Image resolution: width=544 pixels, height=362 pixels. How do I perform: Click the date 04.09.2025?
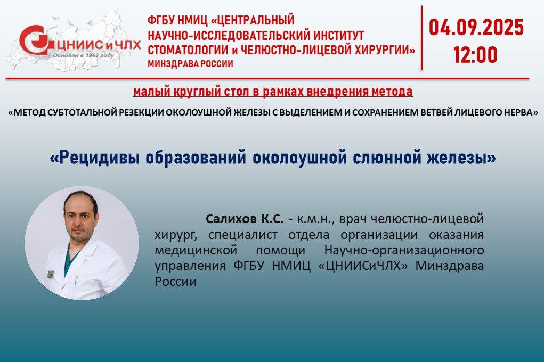pyautogui.click(x=476, y=28)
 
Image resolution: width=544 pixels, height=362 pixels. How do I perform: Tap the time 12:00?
pyautogui.click(x=475, y=55)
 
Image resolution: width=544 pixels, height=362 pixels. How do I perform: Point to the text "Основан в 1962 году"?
pyautogui.click(x=83, y=55)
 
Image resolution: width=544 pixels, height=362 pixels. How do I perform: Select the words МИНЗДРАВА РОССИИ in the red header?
pyautogui.click(x=190, y=64)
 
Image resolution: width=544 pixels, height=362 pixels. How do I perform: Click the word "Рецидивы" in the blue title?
pyautogui.click(x=95, y=158)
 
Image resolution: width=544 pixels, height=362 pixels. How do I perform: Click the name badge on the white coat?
pyautogui.click(x=51, y=274)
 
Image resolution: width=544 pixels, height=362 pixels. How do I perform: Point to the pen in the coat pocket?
pyautogui.click(x=76, y=279)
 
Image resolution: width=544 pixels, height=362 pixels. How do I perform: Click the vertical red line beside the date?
pyautogui.click(x=421, y=38)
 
